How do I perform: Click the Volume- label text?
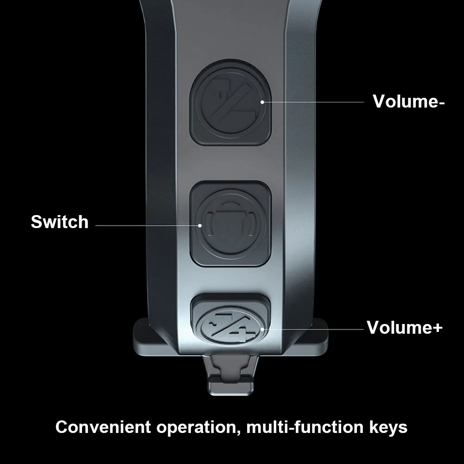coord(408,101)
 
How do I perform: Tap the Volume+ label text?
coord(404,327)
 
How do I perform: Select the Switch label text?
coord(59,222)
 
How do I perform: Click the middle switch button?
coord(230,224)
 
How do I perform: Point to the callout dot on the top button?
coord(262,102)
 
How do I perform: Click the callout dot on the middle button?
coord(200,225)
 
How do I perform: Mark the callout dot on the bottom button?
coord(263,329)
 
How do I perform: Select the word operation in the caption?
coord(195,427)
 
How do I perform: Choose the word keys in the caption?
coord(387,427)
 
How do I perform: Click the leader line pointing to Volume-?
coord(315,102)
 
